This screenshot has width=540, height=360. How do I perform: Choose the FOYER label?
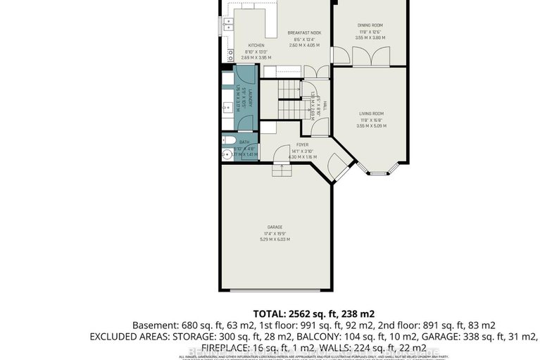tap(303, 144)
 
